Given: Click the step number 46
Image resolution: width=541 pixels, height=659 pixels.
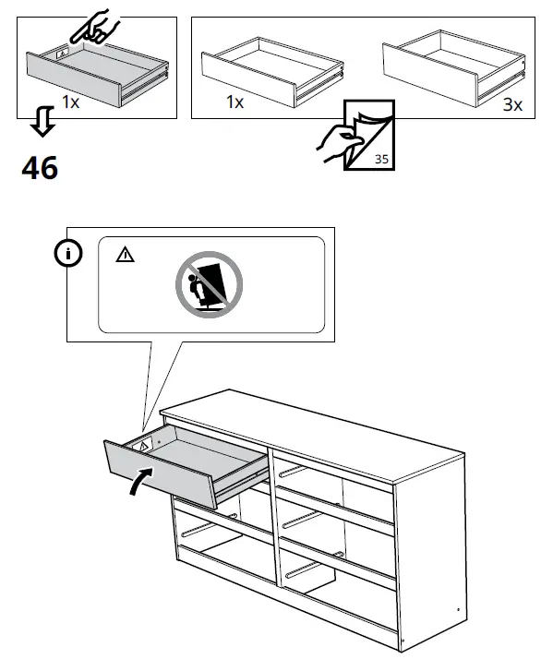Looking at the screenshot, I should pyautogui.click(x=39, y=168).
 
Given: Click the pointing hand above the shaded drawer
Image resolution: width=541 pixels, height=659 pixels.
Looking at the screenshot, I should pyautogui.click(x=92, y=25).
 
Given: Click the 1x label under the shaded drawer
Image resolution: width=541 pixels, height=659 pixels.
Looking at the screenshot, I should pyautogui.click(x=70, y=103).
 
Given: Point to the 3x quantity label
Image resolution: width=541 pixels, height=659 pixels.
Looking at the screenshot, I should pyautogui.click(x=513, y=104).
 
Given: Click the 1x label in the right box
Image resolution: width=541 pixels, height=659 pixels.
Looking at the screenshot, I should pyautogui.click(x=234, y=103).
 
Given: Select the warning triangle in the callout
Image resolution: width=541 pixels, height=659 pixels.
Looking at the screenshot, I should pyautogui.click(x=125, y=254).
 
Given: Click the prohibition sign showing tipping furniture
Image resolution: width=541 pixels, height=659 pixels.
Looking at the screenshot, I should pyautogui.click(x=209, y=282).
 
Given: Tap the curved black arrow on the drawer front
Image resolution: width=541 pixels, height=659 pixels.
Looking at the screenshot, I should pyautogui.click(x=138, y=481).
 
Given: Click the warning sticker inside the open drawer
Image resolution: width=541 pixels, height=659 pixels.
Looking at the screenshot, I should pyautogui.click(x=143, y=444).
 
